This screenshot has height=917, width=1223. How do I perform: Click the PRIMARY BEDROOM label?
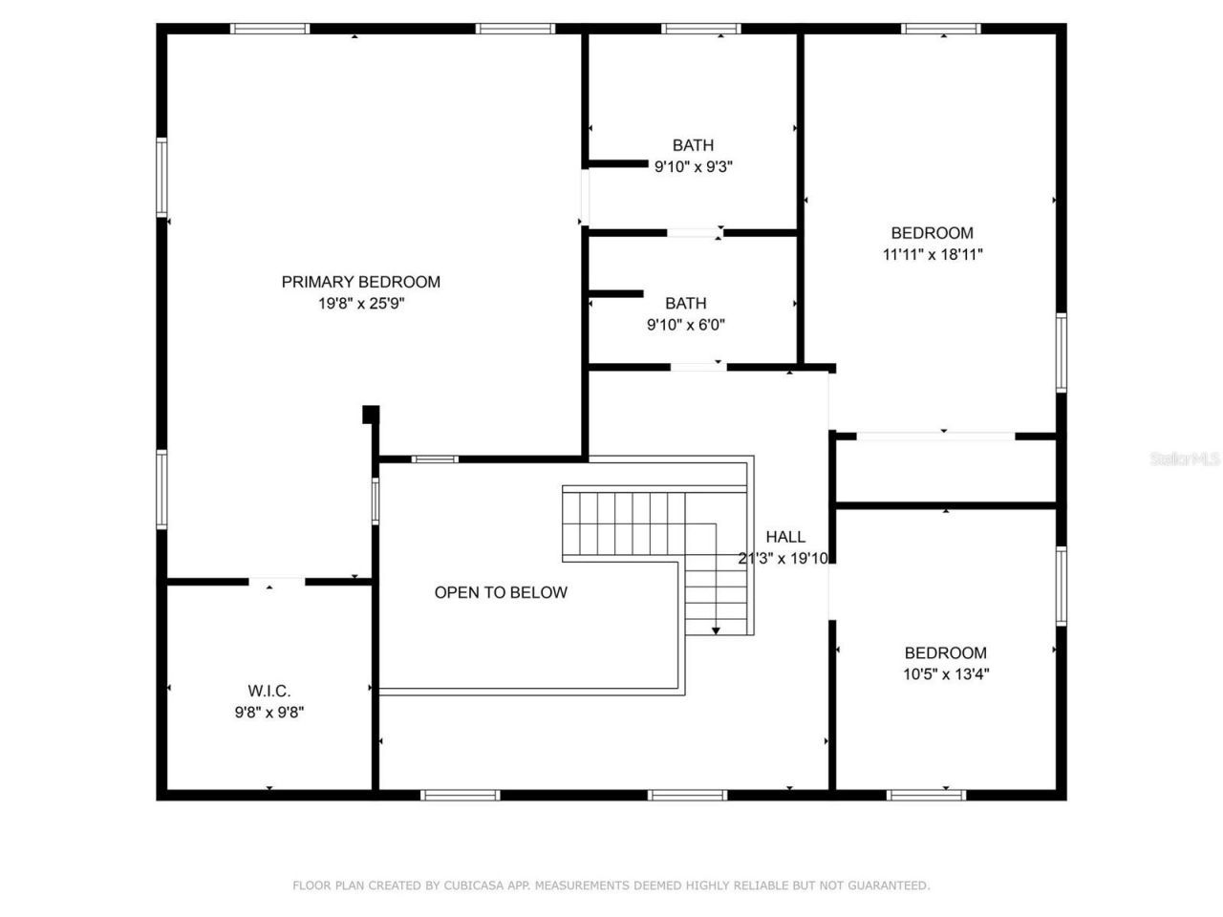click(360, 282)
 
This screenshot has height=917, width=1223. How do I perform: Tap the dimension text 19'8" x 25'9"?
click(360, 304)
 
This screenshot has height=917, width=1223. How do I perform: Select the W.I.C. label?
click(269, 691)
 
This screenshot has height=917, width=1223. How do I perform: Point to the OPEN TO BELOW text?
click(501, 592)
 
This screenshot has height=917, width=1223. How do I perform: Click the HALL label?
click(785, 537)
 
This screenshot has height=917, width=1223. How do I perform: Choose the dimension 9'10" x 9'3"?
click(693, 166)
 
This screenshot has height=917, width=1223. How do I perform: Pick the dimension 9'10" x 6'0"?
click(686, 325)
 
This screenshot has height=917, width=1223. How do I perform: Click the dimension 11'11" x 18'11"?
click(933, 254)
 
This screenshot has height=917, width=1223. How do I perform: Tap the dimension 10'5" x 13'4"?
click(946, 674)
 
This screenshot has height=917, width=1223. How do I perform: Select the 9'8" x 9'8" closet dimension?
click(269, 712)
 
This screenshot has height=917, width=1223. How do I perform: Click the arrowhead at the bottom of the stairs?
click(716, 629)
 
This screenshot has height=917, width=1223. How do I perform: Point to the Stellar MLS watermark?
click(1185, 458)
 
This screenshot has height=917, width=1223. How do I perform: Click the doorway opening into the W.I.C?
click(277, 581)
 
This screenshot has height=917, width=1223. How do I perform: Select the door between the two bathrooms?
click(695, 232)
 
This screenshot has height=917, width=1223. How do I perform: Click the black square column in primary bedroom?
click(371, 415)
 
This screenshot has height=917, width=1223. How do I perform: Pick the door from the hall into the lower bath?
click(697, 366)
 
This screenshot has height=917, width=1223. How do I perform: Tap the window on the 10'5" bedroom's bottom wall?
click(926, 794)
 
